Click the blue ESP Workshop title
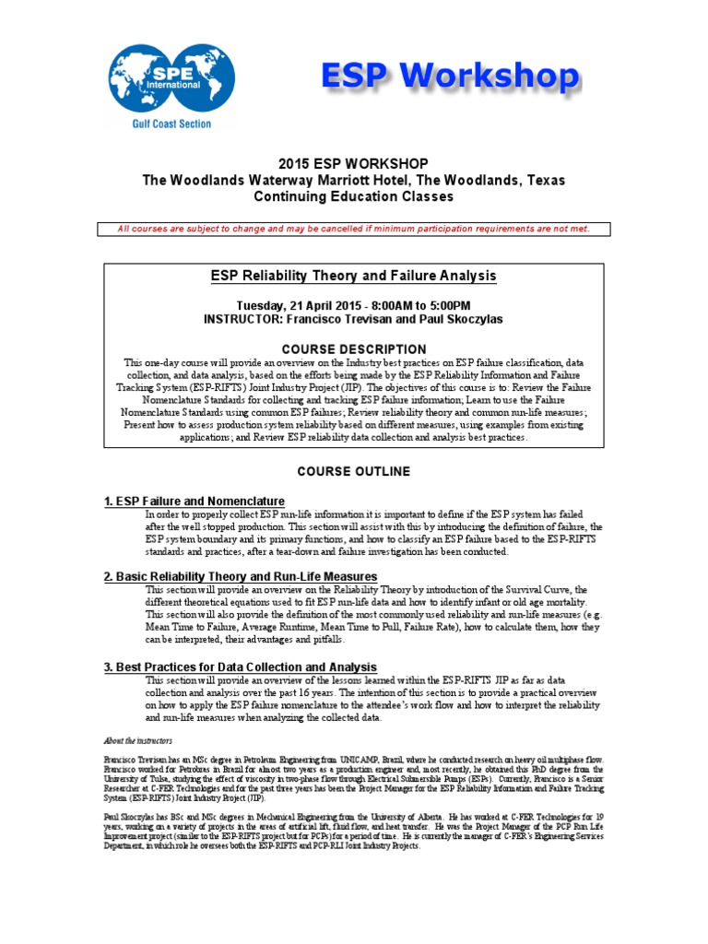(x=451, y=77)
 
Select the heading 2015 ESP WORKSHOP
(x=353, y=163)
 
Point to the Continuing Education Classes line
(x=353, y=196)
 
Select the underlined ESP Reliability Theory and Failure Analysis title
(x=354, y=276)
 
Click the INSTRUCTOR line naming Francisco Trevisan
(x=353, y=319)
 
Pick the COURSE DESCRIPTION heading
(x=353, y=349)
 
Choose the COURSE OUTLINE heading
(x=353, y=471)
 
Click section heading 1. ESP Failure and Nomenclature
(x=194, y=501)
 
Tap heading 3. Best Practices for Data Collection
(x=240, y=667)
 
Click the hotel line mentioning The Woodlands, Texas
(x=353, y=180)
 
